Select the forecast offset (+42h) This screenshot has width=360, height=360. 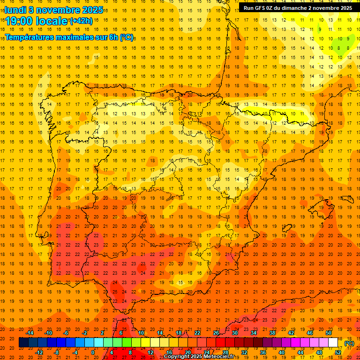81,21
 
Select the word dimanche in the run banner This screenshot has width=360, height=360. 294,8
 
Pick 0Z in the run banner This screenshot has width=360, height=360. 273,8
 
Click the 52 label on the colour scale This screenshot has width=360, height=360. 338,352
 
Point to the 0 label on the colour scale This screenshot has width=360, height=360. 93,352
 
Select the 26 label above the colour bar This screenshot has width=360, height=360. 216,333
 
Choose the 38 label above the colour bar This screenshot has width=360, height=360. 272,333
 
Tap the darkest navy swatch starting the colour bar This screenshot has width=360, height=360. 23,343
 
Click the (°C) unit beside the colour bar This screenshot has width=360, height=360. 349,343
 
